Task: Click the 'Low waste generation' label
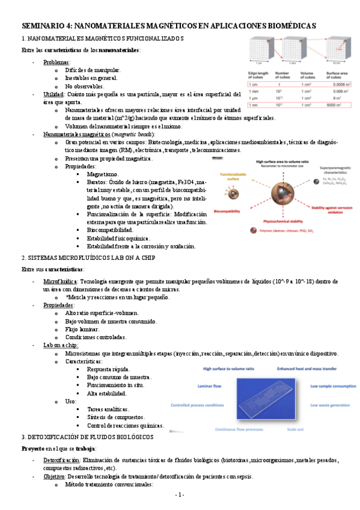[328, 405]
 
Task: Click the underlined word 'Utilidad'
[53, 95]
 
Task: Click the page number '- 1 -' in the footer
[180, 494]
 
